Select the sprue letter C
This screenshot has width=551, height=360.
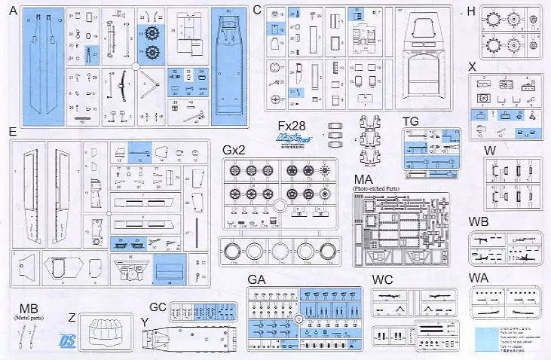257,10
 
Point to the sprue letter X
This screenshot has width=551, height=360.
472,66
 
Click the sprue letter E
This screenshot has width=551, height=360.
12,131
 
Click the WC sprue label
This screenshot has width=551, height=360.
382,280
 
